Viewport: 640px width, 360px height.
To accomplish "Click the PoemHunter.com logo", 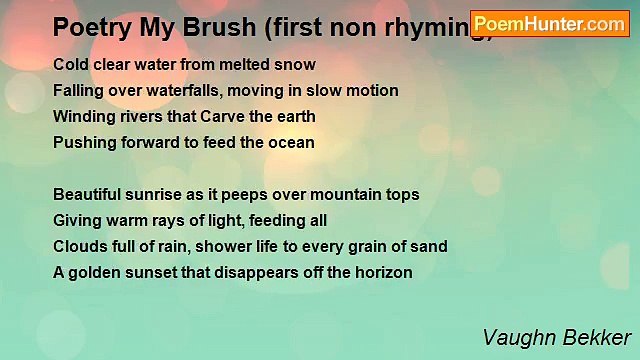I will pos(550,24).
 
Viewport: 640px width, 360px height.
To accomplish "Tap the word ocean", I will pos(292,143).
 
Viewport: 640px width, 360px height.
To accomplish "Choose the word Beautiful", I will pos(88,195).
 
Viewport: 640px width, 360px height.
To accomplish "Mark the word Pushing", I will pos(83,143).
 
